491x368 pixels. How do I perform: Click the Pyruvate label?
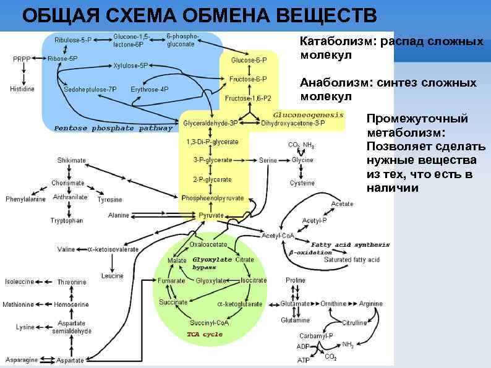click(211, 215)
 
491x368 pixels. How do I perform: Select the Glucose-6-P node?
click(249, 60)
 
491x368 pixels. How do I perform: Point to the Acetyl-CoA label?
click(278, 236)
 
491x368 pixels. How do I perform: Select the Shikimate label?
click(71, 160)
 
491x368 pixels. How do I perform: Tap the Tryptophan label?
click(67, 221)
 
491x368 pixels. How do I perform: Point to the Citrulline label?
click(354, 323)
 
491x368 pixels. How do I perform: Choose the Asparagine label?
click(22, 359)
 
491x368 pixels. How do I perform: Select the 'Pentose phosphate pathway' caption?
click(113, 129)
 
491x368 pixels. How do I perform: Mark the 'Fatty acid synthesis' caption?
click(350, 244)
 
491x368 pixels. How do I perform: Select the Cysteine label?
click(302, 183)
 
